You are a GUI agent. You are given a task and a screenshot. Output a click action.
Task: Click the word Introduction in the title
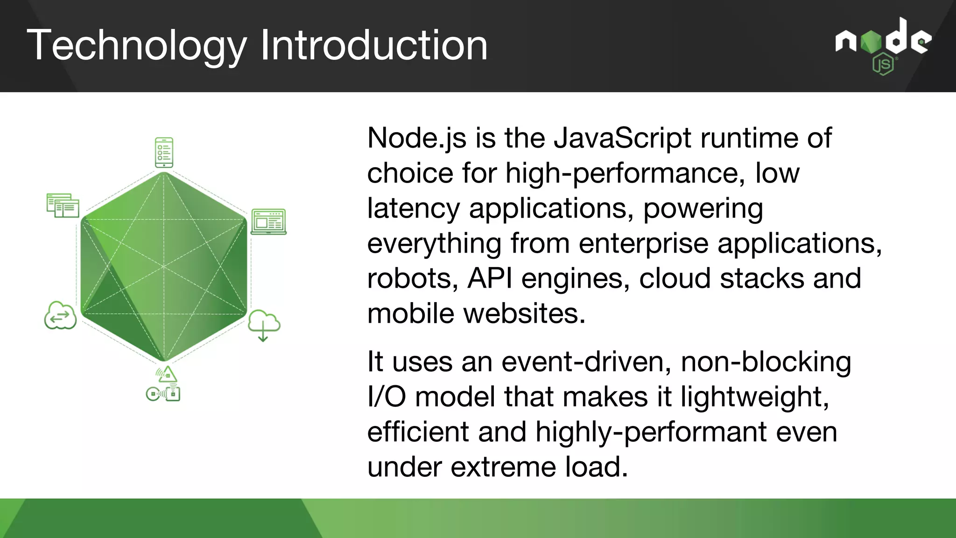374,45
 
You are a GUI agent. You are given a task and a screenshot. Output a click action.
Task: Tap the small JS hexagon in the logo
883,64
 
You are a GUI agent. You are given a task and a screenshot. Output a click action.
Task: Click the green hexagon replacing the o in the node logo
871,42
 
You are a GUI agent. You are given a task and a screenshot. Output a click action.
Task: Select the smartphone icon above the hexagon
164,152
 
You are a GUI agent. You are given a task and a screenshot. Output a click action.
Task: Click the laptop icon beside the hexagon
268,222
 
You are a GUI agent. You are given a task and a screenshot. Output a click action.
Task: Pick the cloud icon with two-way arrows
60,316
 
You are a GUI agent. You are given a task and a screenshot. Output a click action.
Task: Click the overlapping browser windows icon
63,205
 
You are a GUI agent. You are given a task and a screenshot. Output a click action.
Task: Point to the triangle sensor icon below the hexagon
167,374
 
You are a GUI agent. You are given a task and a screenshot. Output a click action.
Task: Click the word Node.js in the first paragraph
417,138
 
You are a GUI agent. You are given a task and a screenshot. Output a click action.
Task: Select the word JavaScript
622,138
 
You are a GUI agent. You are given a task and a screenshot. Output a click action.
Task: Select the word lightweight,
754,397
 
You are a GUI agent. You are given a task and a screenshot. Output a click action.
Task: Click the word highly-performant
651,432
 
